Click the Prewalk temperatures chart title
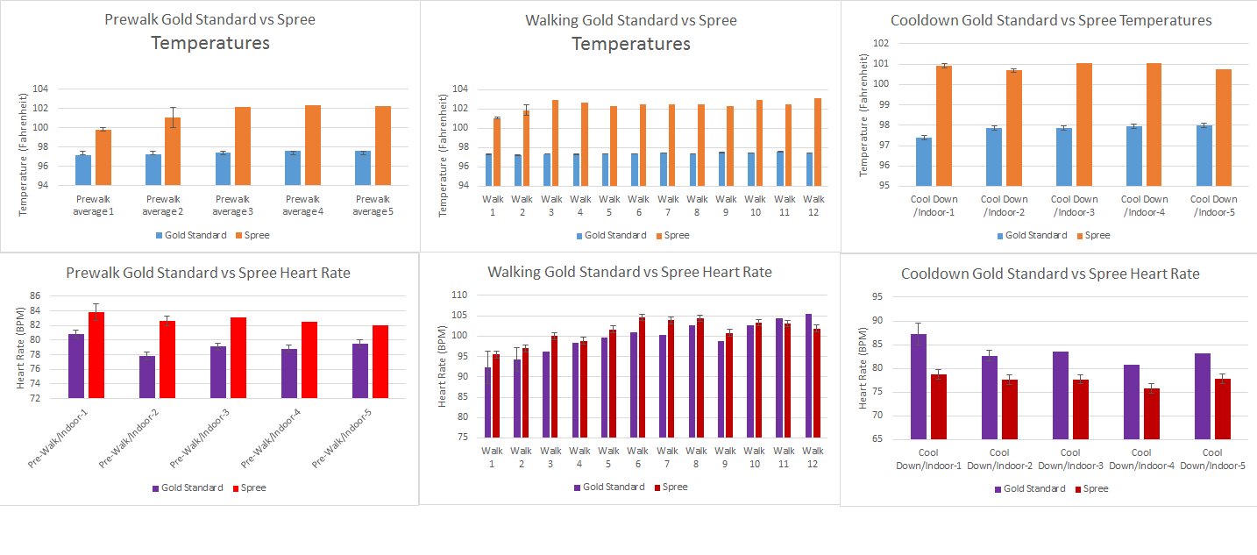[209, 31]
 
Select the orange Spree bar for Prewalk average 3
[243, 146]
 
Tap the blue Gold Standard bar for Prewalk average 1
[83, 170]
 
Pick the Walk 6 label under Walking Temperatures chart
[639, 206]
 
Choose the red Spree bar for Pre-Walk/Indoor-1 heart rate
[96, 355]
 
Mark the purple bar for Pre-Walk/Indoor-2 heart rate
[147, 377]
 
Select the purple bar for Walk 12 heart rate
[808, 375]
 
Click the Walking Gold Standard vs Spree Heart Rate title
[629, 272]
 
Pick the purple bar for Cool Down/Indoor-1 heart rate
[919, 387]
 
